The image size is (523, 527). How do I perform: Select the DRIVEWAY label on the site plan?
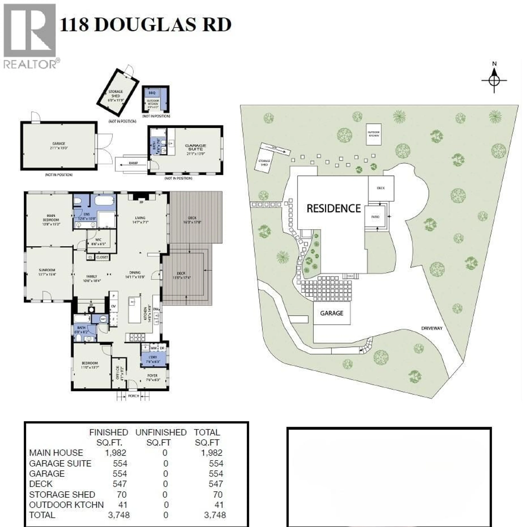[432, 328]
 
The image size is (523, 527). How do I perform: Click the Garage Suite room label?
[195, 147]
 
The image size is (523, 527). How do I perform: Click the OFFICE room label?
[118, 373]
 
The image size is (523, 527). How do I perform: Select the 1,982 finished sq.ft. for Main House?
[116, 453]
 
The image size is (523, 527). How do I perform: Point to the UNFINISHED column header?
[161, 432]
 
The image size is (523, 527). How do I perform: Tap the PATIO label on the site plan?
[375, 217]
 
